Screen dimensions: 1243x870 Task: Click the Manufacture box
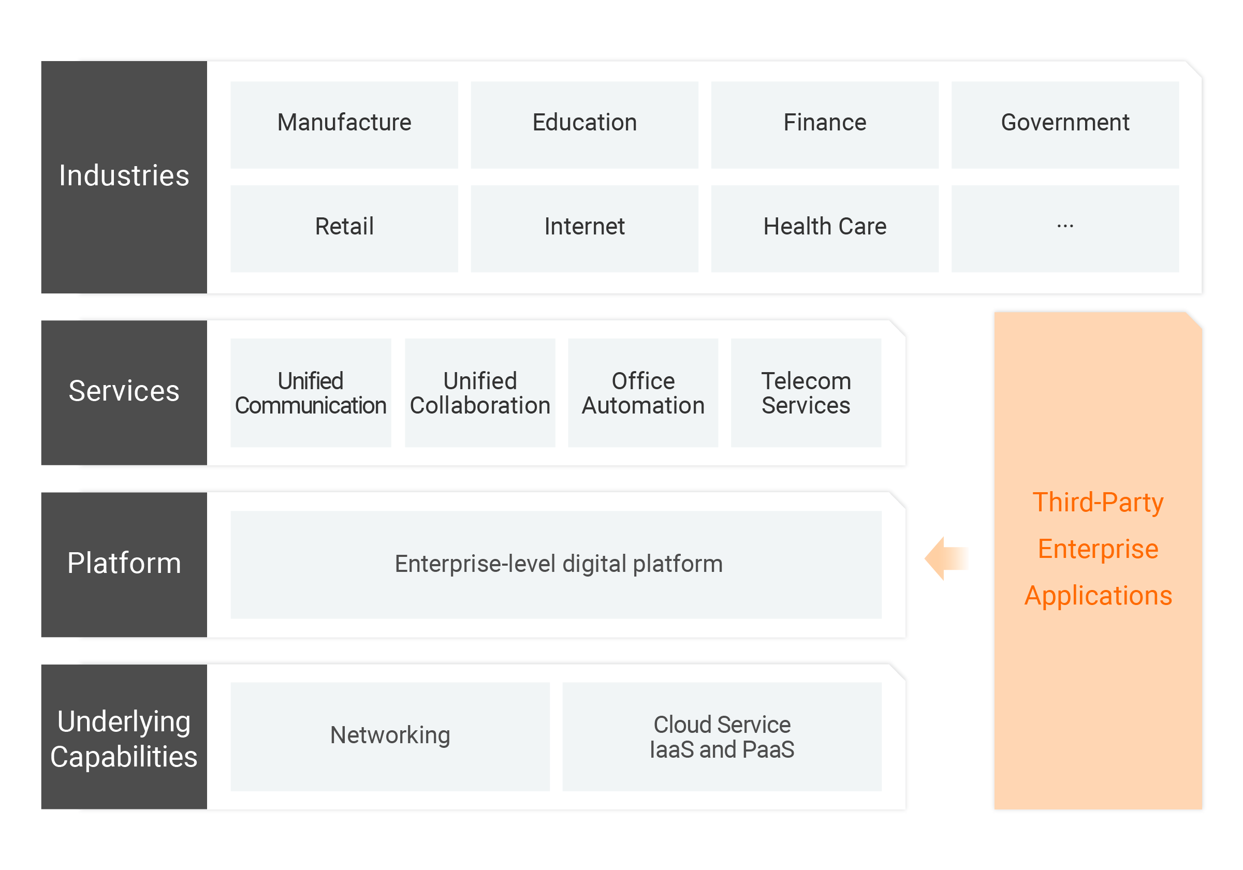344,125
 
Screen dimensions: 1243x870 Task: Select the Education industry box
584,125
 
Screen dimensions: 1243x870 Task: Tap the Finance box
825,125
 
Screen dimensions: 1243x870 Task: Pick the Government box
1064,125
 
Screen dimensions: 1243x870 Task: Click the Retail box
344,228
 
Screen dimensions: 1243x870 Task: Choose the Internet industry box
584,228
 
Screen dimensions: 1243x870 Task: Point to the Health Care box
825,228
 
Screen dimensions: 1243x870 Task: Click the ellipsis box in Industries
1064,228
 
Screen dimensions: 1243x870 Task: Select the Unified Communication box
310,392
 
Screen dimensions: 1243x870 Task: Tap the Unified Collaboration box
480,392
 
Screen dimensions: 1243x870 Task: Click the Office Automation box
642,392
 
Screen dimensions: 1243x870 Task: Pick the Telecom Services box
806,392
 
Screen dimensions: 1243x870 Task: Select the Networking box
390,736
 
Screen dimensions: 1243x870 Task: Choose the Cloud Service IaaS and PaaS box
722,736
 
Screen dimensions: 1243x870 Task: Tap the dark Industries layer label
124,176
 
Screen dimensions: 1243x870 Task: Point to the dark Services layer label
124,391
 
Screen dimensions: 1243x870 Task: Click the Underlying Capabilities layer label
124,738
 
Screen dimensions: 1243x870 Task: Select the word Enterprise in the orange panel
1098,549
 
